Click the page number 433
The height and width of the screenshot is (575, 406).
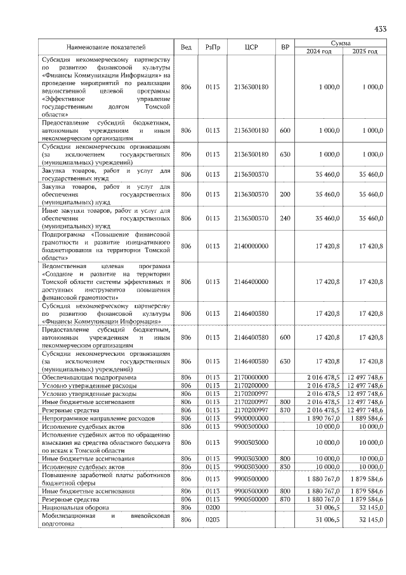point(380,29)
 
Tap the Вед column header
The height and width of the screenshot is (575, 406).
point(186,47)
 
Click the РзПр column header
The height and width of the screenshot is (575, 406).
point(213,47)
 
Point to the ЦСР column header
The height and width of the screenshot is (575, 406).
point(251,47)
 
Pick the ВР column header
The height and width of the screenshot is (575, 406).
point(285,47)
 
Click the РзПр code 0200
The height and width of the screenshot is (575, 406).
point(213,508)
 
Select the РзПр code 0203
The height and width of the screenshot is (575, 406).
point(213,520)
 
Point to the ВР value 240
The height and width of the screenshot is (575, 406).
point(285,218)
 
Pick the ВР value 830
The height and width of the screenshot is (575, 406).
point(285,467)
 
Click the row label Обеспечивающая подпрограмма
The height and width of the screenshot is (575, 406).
point(84,377)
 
